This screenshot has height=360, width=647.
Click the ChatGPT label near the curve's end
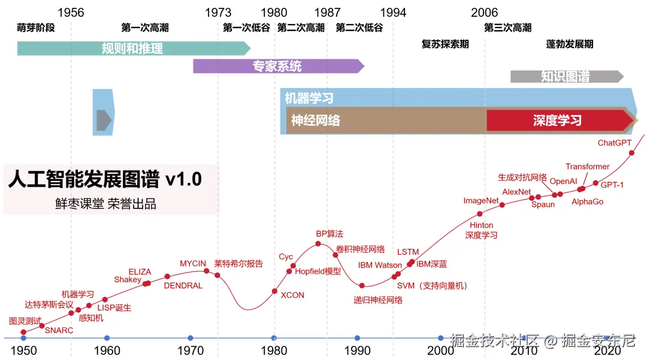(615, 143)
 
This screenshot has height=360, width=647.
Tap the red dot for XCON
(275, 291)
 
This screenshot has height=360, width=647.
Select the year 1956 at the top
(71, 13)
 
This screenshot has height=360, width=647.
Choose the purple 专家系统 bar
(277, 66)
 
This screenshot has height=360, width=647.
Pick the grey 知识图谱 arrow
(566, 77)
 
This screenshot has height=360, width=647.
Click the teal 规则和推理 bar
(132, 49)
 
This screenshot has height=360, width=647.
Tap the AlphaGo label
(587, 202)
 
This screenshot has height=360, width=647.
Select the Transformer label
(587, 167)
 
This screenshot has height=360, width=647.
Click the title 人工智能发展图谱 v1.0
(105, 179)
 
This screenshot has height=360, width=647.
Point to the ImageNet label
(481, 201)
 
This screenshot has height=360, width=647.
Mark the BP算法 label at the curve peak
(329, 234)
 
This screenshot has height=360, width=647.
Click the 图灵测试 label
(25, 320)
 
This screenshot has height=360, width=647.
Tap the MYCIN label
(193, 264)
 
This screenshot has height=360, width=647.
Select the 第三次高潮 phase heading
(507, 28)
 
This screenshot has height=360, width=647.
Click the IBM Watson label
(380, 265)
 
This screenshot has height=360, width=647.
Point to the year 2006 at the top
(484, 13)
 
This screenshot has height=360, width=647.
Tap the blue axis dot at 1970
(190, 338)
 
